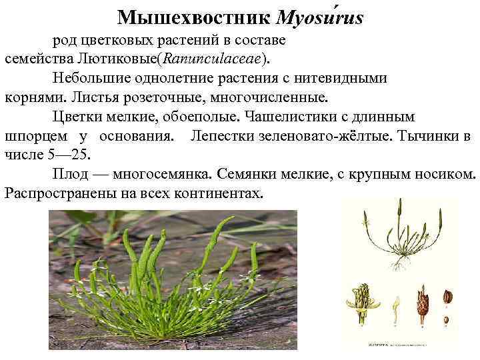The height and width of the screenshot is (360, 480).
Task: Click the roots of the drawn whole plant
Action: [399, 265]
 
